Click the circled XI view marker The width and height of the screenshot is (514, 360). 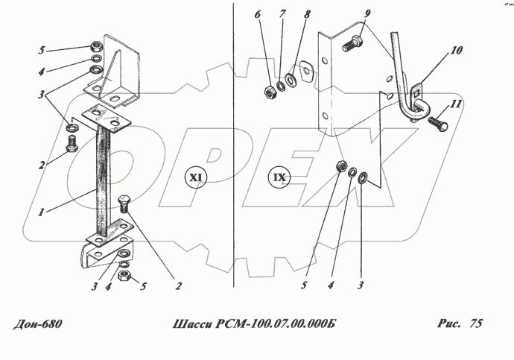(x=196, y=177)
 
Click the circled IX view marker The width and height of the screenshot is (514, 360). (x=279, y=177)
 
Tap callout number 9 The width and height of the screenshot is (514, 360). (x=367, y=13)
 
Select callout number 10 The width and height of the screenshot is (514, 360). (x=456, y=50)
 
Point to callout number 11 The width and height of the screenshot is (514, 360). (x=456, y=104)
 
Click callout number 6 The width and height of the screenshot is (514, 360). (x=257, y=14)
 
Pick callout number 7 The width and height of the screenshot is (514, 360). (x=282, y=14)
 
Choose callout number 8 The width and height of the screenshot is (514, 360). (x=307, y=14)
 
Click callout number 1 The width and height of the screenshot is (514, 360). (x=41, y=212)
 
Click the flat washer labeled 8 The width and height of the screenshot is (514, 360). (x=291, y=80)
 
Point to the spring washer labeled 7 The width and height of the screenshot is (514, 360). (x=281, y=86)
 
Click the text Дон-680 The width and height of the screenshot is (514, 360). (x=37, y=324)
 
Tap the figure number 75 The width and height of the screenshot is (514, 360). (x=476, y=323)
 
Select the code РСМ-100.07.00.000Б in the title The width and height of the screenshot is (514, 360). (x=276, y=324)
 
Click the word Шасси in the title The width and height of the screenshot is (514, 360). (x=192, y=324)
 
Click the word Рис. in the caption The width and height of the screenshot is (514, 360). (x=448, y=323)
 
